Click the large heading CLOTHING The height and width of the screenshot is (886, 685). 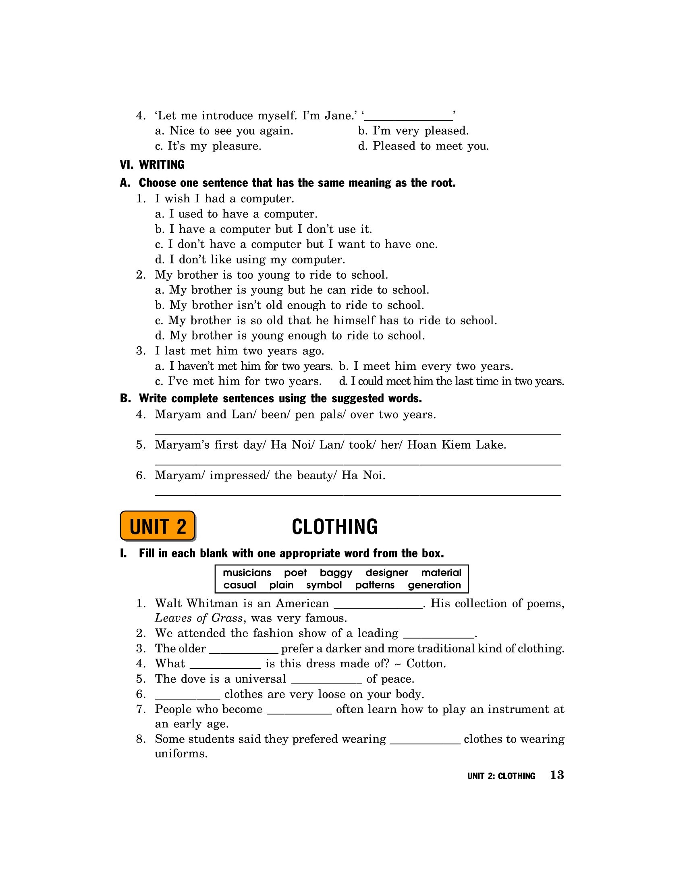[x=335, y=527]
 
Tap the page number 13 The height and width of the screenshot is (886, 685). [x=557, y=775]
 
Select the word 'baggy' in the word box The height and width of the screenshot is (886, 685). [x=336, y=573]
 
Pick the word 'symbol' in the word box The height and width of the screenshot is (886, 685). [x=324, y=586]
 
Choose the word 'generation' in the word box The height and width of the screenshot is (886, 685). [x=434, y=586]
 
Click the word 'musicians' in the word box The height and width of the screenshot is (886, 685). [x=247, y=573]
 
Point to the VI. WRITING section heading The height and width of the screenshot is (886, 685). [x=152, y=165]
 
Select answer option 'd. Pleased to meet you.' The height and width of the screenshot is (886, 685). [x=423, y=146]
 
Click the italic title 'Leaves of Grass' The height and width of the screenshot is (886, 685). [x=199, y=618]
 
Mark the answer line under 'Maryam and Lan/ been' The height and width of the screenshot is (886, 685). [x=358, y=433]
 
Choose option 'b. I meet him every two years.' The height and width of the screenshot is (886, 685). [x=426, y=366]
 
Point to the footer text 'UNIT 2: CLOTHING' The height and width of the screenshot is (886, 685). [x=501, y=776]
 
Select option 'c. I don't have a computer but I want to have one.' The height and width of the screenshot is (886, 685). [x=296, y=244]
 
